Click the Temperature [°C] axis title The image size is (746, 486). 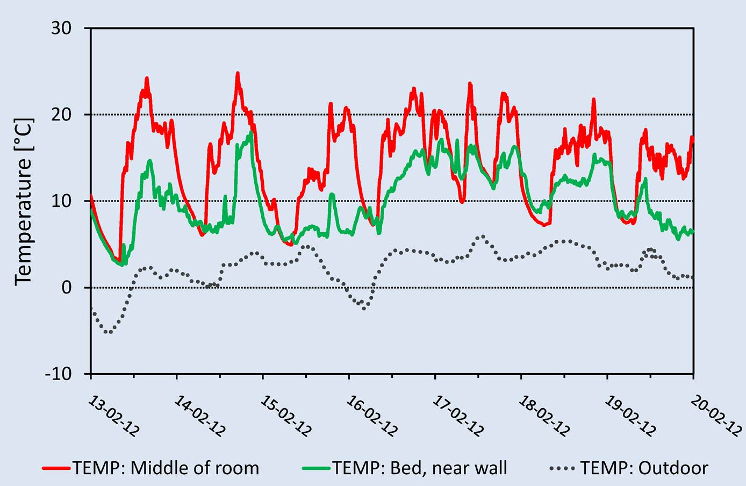pos(24,202)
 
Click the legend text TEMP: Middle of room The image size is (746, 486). pos(166,468)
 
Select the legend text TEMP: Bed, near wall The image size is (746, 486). pos(420,468)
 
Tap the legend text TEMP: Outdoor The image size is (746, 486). pos(644,468)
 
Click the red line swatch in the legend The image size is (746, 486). pos(56,468)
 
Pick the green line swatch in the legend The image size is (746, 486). pos(317,468)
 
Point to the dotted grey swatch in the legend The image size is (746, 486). pos(563,468)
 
